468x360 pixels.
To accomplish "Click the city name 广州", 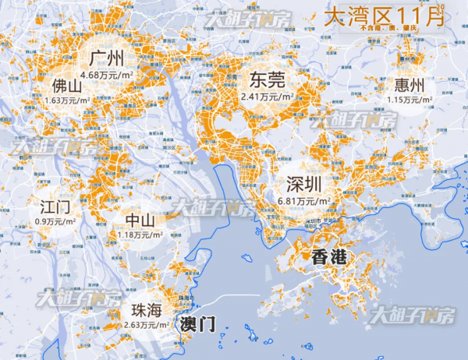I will (108, 58).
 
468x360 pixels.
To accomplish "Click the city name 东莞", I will (267, 80).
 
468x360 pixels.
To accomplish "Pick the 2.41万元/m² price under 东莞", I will (267, 97).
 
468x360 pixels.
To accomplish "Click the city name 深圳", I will (304, 185).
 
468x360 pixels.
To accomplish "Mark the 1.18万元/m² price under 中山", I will (138, 235).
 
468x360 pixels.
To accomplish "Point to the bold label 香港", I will (328, 258).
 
